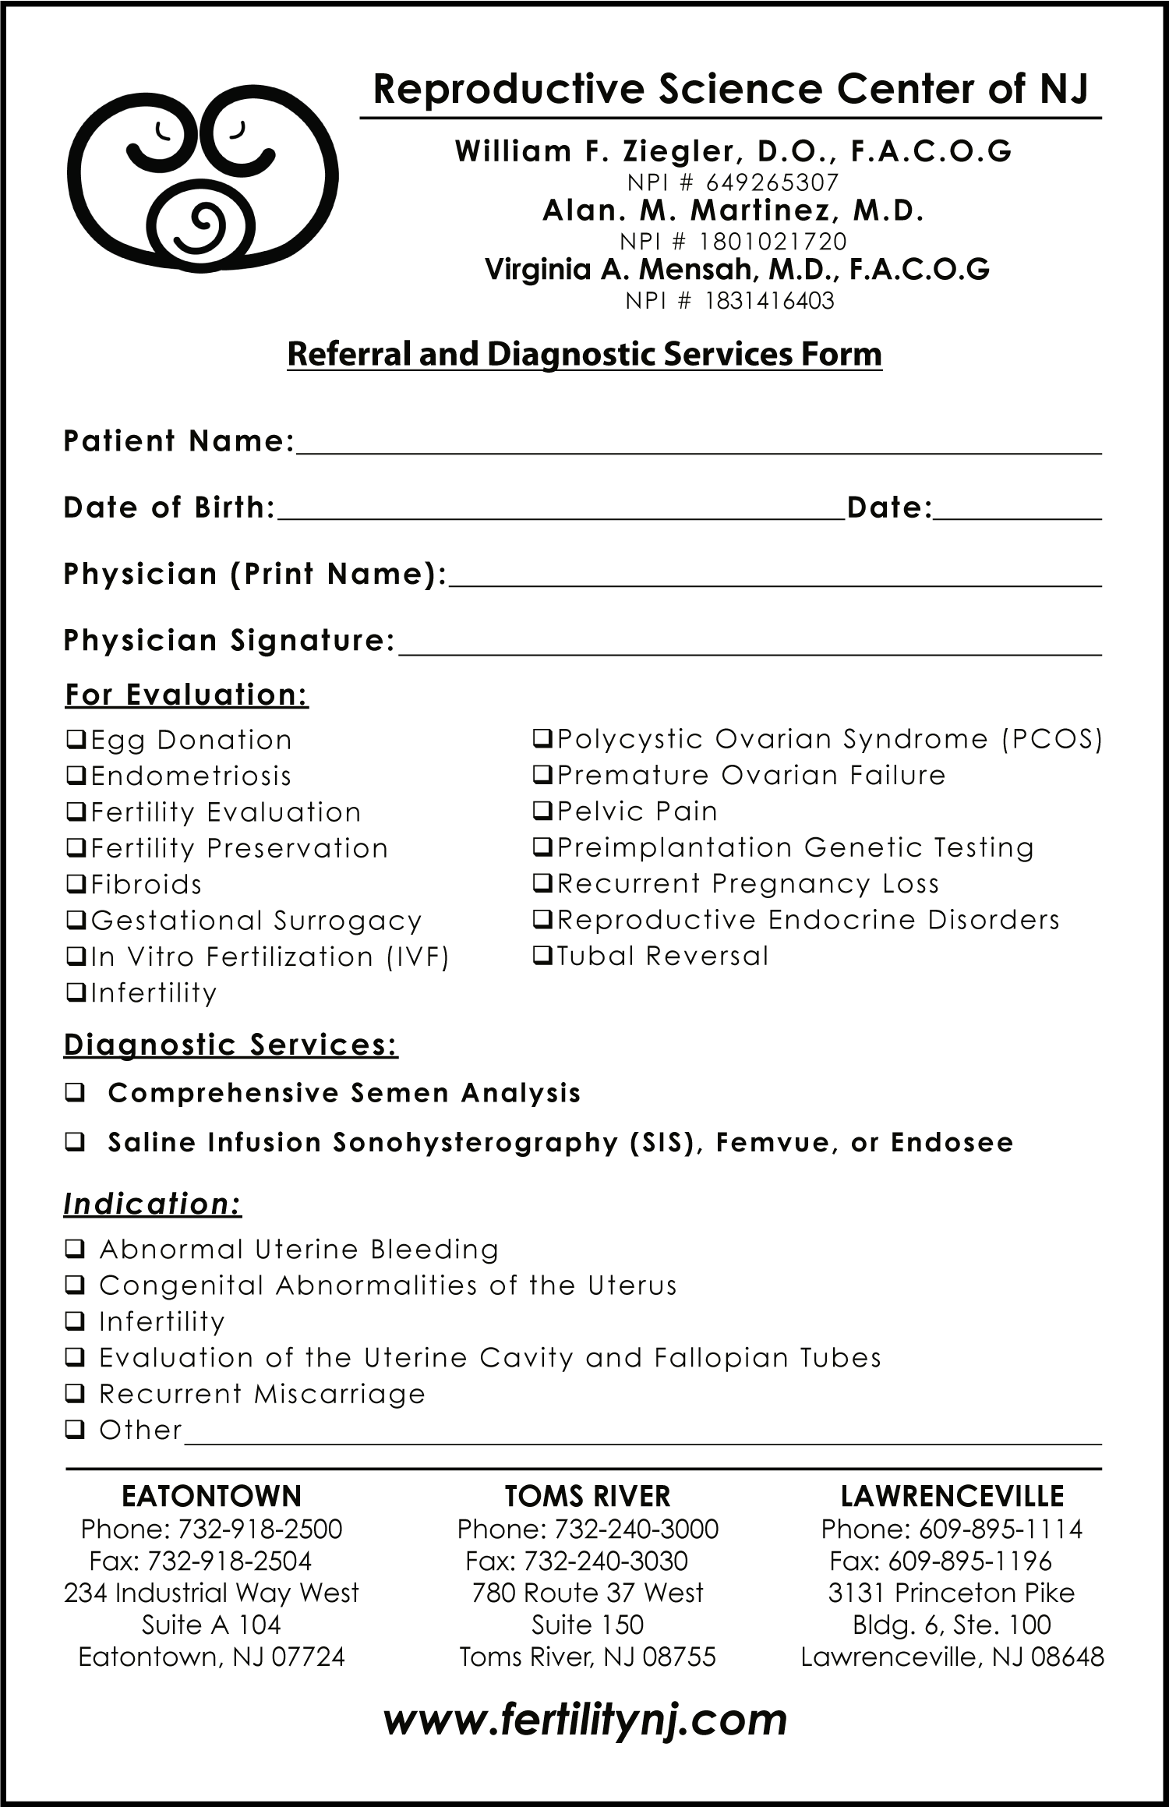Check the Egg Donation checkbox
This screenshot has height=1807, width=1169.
pyautogui.click(x=76, y=739)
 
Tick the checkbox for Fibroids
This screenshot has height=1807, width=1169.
pyautogui.click(x=76, y=884)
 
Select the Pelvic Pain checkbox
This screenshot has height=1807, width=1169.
pyautogui.click(x=542, y=811)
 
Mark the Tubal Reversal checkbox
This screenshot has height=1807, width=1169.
pyautogui.click(x=542, y=955)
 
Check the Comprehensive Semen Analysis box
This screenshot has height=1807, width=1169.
pyautogui.click(x=75, y=1094)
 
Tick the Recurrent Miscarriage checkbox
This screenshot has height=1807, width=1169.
pyautogui.click(x=75, y=1393)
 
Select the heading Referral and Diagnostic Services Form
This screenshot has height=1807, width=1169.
pyautogui.click(x=584, y=354)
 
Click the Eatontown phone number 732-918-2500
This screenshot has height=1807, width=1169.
pyautogui.click(x=260, y=1529)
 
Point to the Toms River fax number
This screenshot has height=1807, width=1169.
pyautogui.click(x=606, y=1561)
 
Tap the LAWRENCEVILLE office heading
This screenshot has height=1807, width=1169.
pyautogui.click(x=952, y=1496)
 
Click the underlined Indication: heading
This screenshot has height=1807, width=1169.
pyautogui.click(x=153, y=1204)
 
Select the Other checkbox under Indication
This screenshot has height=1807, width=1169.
pyautogui.click(x=75, y=1429)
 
